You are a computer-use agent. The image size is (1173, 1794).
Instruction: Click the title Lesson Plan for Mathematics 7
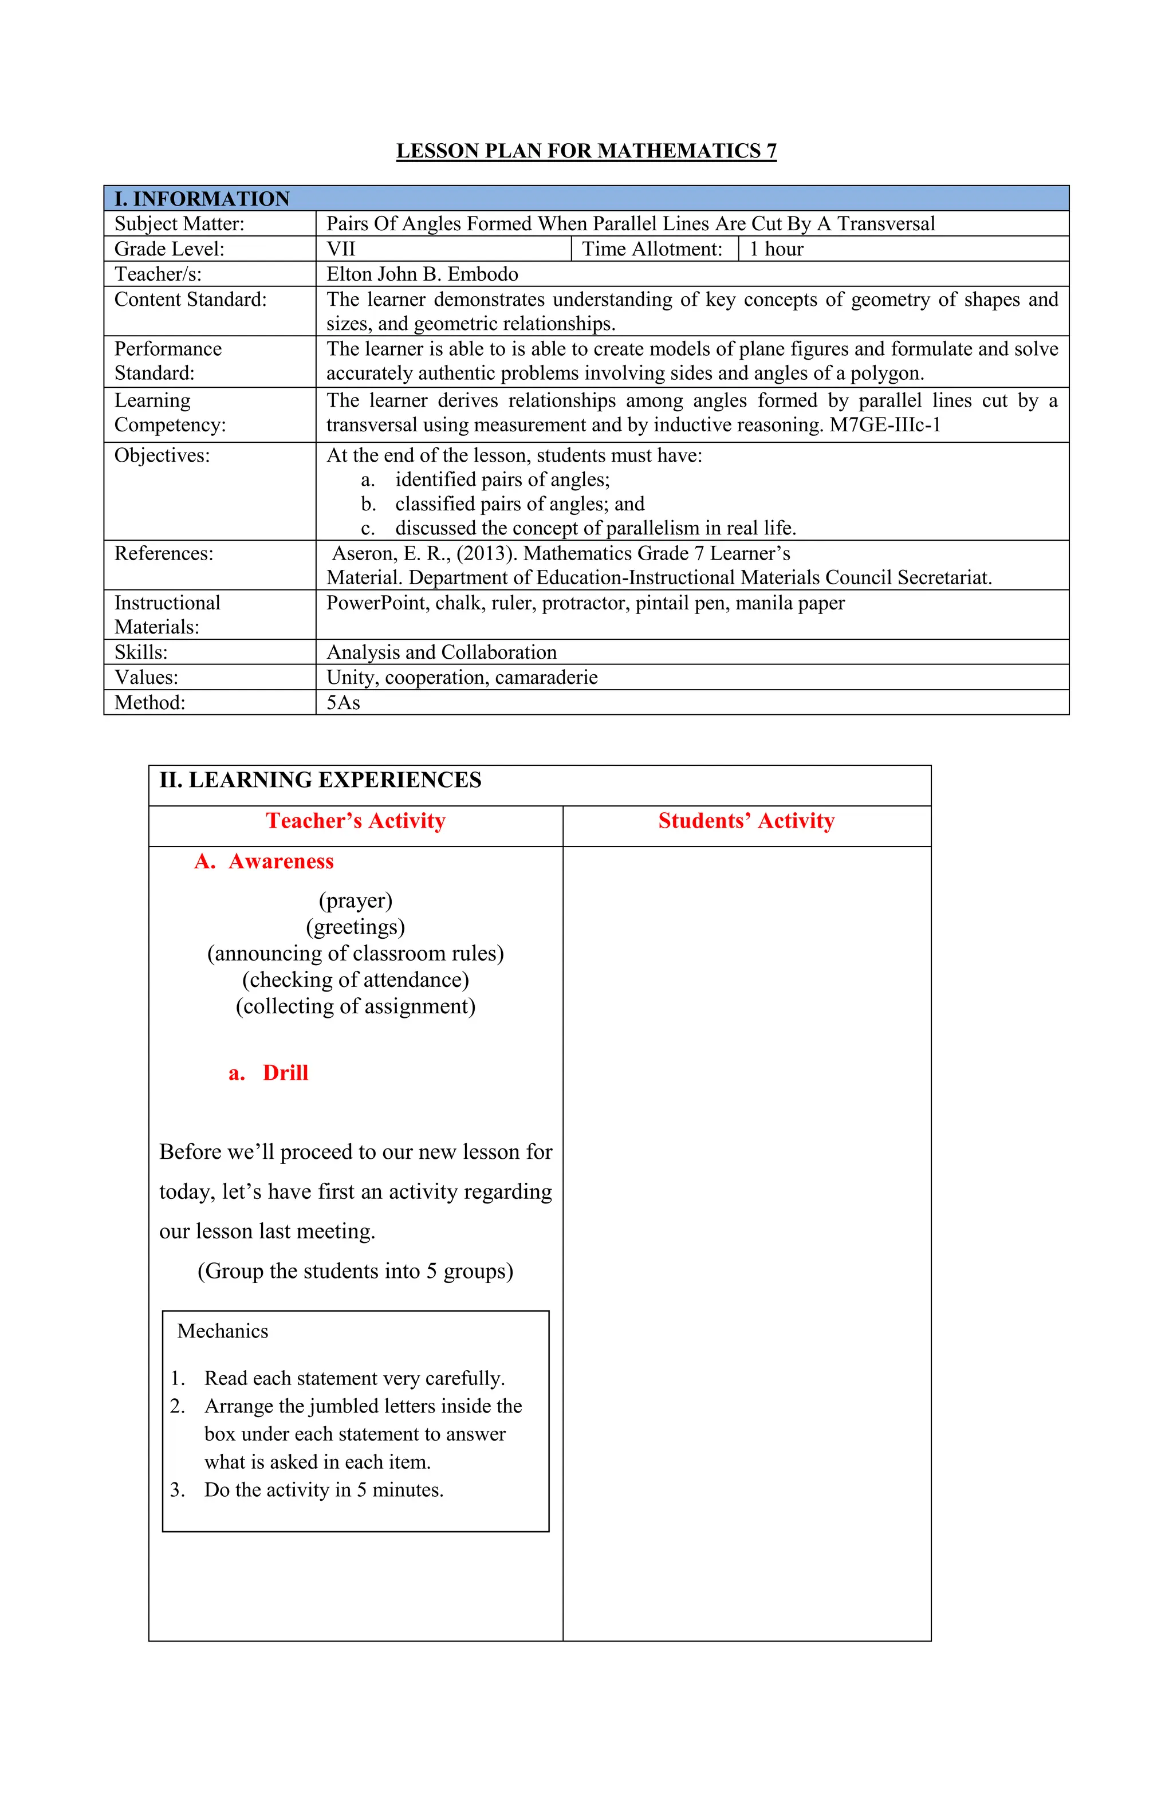[x=586, y=151]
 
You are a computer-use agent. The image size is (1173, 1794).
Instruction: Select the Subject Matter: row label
[x=179, y=224]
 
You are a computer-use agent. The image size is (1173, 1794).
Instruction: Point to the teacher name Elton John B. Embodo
[x=422, y=274]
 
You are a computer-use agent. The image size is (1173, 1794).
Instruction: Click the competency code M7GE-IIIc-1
[x=885, y=425]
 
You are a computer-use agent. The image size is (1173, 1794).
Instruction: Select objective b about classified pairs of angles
[x=519, y=503]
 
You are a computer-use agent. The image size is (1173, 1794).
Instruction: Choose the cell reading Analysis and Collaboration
[x=441, y=652]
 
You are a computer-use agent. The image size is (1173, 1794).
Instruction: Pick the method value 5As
[x=343, y=702]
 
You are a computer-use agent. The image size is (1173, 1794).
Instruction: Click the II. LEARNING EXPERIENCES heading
[x=320, y=780]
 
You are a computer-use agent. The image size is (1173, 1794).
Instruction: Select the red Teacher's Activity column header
[x=355, y=821]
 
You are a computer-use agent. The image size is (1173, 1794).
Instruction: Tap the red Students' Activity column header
[x=746, y=821]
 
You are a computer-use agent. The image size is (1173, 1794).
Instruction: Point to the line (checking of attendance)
[x=355, y=980]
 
